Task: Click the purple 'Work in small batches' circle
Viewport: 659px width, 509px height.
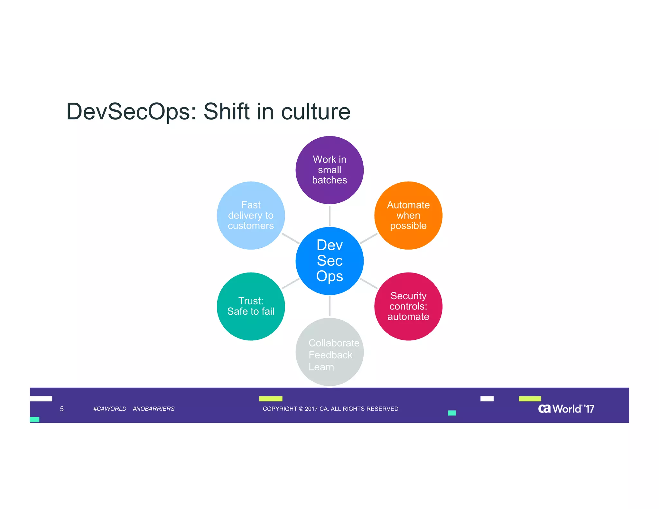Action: [x=329, y=170]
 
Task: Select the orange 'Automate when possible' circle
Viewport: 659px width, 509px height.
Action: [x=408, y=215]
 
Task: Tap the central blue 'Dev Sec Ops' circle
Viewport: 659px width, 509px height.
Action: [x=329, y=261]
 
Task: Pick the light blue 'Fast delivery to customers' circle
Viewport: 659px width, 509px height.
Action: [x=251, y=215]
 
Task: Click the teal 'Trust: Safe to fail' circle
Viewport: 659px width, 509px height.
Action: [x=251, y=306]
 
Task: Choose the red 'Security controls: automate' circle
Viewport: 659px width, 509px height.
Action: [x=408, y=306]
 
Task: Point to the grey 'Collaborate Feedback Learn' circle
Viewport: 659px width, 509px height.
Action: [x=329, y=352]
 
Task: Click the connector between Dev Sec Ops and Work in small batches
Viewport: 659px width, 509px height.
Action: [x=329, y=216]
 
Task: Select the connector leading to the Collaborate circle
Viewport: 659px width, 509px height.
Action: [x=329, y=306]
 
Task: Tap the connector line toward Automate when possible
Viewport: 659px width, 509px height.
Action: [x=369, y=238]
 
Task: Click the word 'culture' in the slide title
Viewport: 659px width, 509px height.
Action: [x=316, y=112]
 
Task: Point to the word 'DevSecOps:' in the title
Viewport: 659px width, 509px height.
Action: [x=131, y=112]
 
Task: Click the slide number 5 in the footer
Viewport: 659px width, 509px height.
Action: [x=62, y=409]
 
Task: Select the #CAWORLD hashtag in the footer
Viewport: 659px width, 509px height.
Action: [x=110, y=409]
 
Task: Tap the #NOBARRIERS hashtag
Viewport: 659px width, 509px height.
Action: [x=153, y=409]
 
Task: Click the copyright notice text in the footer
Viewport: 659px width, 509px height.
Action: [x=330, y=409]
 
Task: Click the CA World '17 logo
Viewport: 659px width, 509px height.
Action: [x=566, y=409]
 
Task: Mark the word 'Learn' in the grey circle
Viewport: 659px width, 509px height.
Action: [x=321, y=367]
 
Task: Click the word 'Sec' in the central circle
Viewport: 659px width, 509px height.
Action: [x=329, y=260]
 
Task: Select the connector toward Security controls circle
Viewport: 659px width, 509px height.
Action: [x=369, y=283]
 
